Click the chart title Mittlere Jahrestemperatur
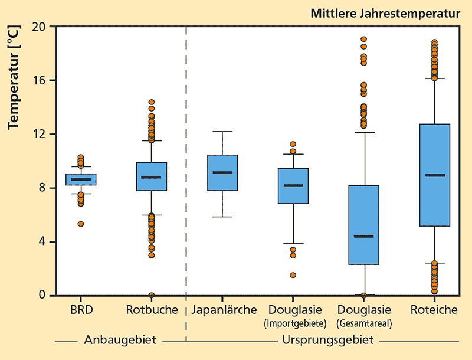tap(385, 13)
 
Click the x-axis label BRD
tap(81, 309)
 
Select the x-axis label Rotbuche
tap(152, 309)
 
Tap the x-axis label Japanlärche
tap(222, 309)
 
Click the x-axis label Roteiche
tap(435, 309)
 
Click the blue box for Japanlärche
tap(222, 173)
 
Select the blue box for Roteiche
tap(435, 175)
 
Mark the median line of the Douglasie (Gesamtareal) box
tap(364, 236)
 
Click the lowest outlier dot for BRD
tap(81, 224)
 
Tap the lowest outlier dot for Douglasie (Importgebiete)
tap(293, 275)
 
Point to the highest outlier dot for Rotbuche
tap(152, 102)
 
